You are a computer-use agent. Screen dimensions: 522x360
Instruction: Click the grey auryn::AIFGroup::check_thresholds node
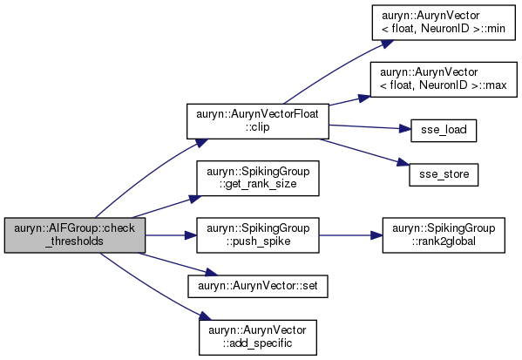[75, 235]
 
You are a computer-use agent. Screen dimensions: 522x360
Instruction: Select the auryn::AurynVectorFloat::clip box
[258, 121]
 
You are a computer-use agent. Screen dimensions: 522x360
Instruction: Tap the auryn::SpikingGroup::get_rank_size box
[258, 178]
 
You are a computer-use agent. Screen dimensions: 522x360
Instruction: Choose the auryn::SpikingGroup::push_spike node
[258, 235]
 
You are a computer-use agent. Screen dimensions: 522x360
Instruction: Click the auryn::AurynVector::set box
[258, 286]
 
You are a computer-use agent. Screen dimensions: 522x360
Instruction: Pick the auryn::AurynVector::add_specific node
[258, 337]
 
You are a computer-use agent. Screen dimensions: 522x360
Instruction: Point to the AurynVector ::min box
[444, 23]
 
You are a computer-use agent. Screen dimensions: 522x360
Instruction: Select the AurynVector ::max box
[444, 79]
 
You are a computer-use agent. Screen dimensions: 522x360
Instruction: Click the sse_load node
[444, 131]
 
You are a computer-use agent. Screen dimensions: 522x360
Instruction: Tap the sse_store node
[444, 174]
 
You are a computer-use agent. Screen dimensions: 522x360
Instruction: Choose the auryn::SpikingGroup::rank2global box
[444, 235]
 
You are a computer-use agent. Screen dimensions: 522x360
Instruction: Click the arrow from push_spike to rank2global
[351, 235]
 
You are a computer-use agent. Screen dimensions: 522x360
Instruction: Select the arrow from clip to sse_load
[369, 127]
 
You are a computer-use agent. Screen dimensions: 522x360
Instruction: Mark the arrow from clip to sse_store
[364, 153]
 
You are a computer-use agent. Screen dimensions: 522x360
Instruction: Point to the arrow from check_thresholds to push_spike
[171, 235]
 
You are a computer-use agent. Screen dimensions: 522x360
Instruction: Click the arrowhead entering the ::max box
[364, 98]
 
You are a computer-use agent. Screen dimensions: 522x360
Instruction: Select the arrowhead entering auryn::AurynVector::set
[211, 272]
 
